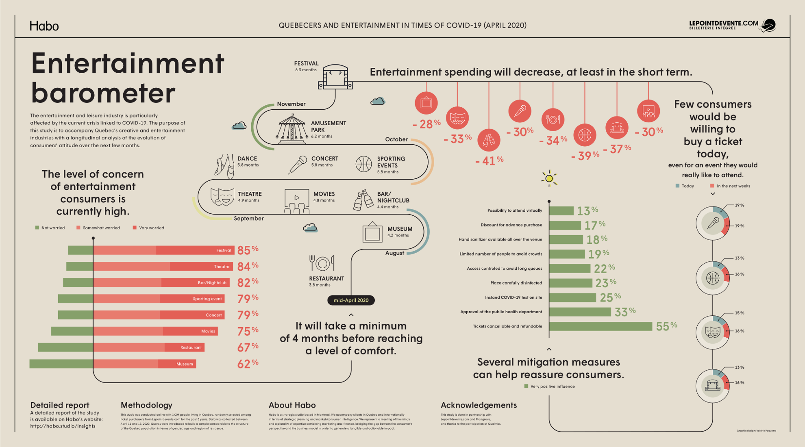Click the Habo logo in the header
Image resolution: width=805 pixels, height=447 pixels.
[44, 26]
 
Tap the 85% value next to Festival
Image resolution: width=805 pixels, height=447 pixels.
[247, 250]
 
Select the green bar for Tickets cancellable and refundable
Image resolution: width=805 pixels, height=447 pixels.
[600, 326]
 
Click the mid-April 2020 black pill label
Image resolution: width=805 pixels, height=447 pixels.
[351, 300]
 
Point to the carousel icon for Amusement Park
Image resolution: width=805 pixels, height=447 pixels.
[291, 129]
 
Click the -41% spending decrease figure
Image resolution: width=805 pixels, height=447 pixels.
[489, 161]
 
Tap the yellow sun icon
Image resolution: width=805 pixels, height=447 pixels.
[549, 178]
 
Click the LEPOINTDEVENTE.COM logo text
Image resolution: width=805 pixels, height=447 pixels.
[724, 24]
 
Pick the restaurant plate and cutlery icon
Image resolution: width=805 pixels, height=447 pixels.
[322, 263]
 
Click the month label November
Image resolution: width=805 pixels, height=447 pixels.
[291, 104]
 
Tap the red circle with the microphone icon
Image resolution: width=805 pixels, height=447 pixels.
[520, 111]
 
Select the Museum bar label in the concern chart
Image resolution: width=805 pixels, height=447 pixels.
[185, 364]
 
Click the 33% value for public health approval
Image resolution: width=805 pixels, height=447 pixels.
[625, 312]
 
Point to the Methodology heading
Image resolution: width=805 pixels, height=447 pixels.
[146, 405]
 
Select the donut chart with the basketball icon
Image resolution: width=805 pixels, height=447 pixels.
[713, 278]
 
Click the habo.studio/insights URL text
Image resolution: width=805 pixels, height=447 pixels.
[63, 426]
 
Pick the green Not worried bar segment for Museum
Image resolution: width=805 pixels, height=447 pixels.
[61, 364]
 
